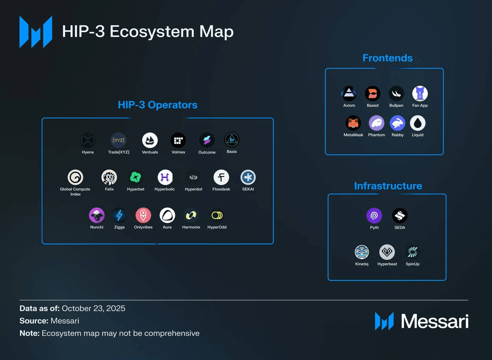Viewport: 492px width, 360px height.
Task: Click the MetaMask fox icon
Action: click(x=353, y=123)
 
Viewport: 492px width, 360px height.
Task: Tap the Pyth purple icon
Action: click(x=374, y=216)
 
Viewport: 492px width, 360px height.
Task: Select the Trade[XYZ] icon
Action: click(x=118, y=141)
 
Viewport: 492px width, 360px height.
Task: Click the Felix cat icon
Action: click(x=109, y=178)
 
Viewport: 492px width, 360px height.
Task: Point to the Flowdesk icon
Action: click(x=221, y=178)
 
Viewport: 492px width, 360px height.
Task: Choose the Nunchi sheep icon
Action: click(x=96, y=216)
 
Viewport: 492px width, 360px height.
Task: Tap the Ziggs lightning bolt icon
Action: click(x=119, y=216)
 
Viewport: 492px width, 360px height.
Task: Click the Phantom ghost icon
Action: click(x=376, y=123)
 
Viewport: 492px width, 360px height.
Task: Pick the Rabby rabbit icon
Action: click(x=397, y=123)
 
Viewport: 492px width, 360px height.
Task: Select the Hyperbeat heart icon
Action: click(x=387, y=252)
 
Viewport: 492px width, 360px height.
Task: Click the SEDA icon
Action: click(x=399, y=216)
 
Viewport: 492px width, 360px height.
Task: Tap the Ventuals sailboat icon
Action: click(x=150, y=141)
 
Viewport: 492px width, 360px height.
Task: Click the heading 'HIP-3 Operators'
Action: click(x=158, y=105)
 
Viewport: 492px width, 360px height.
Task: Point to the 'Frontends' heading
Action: click(x=387, y=58)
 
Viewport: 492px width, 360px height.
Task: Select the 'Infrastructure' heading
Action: click(x=388, y=186)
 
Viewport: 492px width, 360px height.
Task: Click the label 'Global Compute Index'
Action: click(x=75, y=191)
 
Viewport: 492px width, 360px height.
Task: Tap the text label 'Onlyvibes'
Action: click(x=143, y=227)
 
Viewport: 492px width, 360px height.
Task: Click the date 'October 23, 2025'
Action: click(x=93, y=309)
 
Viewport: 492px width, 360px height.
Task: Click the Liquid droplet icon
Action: click(x=418, y=123)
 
